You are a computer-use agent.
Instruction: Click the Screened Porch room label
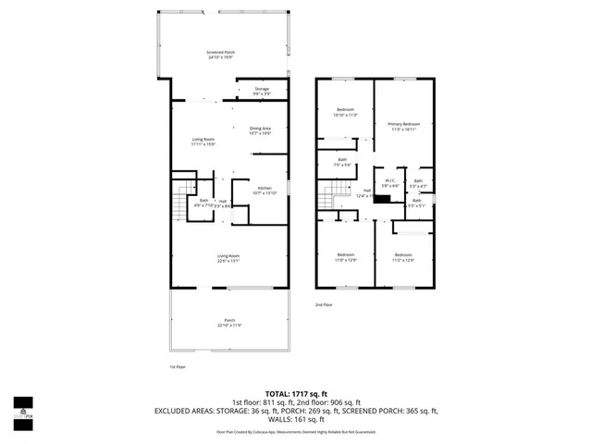coord(220,55)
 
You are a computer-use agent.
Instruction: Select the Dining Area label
coord(260,130)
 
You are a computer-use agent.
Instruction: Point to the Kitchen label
coord(265,190)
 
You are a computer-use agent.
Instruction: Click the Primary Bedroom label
coord(404,126)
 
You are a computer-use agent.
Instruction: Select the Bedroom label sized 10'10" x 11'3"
coord(344,113)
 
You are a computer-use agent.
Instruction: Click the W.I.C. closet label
coord(391,182)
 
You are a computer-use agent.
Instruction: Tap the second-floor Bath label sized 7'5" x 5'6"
coord(342,163)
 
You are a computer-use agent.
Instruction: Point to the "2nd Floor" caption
coord(324,304)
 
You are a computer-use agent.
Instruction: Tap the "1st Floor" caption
coord(179,367)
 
